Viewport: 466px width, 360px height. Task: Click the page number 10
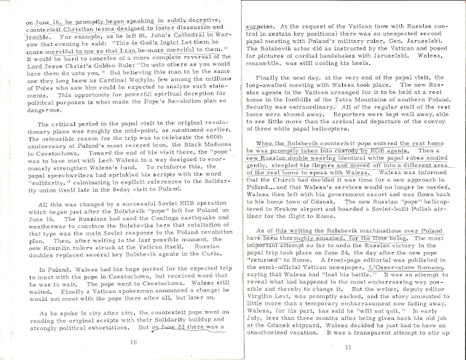coord(132,340)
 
